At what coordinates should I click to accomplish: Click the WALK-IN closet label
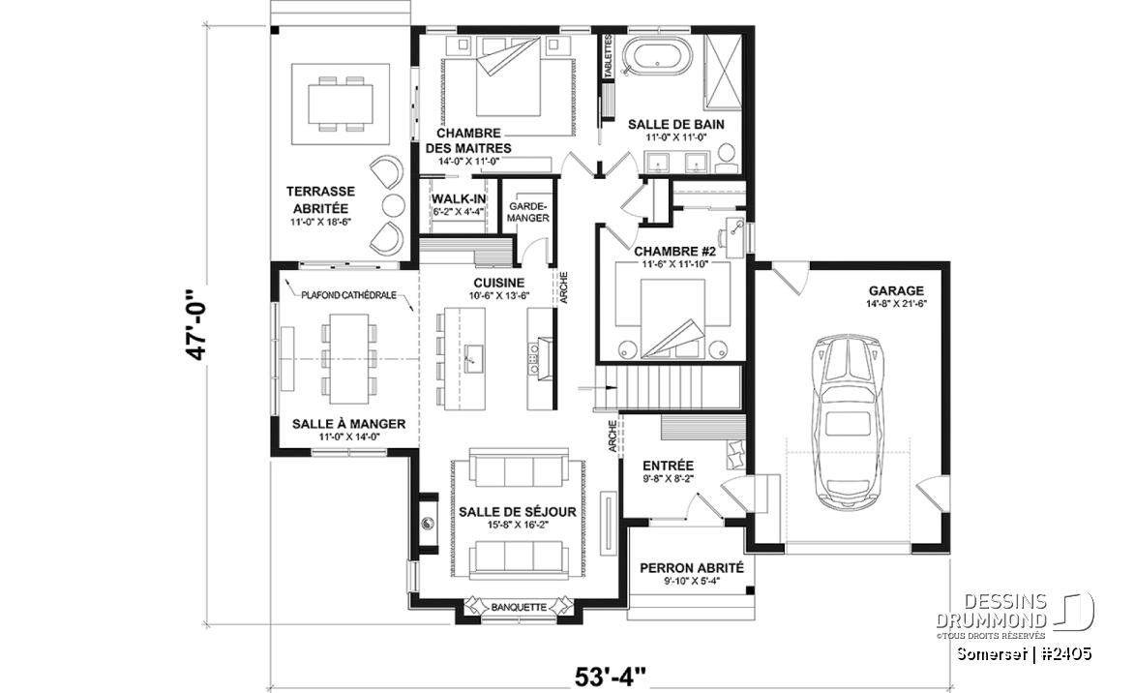(459, 199)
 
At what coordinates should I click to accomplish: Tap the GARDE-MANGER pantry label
(528, 212)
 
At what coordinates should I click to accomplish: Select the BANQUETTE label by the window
(519, 608)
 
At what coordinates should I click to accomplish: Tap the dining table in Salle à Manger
(349, 358)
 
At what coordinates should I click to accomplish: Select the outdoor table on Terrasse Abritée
(342, 105)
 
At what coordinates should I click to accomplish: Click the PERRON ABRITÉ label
(691, 568)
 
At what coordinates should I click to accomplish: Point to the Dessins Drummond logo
(1016, 613)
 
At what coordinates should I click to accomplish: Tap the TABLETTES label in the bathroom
(609, 55)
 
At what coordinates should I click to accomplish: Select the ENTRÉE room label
(668, 466)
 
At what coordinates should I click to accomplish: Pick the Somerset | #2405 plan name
(1025, 654)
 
